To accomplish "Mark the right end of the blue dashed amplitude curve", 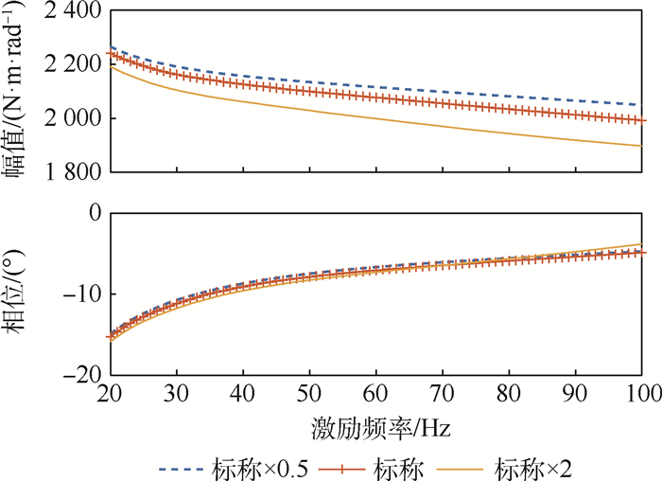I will click(x=642, y=104).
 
